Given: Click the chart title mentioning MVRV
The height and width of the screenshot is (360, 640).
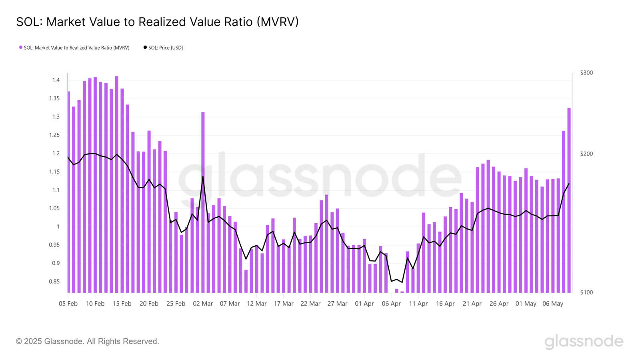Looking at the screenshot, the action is (x=157, y=22).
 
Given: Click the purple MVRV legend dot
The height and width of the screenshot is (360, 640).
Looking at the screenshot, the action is (x=20, y=48).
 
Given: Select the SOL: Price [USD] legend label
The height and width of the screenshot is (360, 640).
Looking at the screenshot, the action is (x=166, y=48).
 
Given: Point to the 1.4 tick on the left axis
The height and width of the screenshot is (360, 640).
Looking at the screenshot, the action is (x=56, y=80).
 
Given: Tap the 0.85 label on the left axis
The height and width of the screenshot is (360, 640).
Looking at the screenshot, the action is (x=54, y=282).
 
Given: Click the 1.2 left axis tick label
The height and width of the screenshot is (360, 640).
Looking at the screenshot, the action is (x=56, y=154).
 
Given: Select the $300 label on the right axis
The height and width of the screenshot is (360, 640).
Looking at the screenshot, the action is (x=586, y=73).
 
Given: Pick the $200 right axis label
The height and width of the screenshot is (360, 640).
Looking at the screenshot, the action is (x=586, y=154).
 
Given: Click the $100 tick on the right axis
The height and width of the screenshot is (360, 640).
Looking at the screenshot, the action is (x=586, y=292).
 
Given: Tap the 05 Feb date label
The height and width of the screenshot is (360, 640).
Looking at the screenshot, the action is (x=68, y=304).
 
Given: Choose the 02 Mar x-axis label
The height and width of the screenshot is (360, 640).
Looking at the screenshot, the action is (x=203, y=304).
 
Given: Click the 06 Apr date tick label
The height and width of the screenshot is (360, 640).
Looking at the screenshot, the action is (x=392, y=304).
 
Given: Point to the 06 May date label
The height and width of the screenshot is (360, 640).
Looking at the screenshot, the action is (x=553, y=304).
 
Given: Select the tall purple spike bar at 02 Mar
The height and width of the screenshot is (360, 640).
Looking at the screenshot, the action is (x=203, y=202).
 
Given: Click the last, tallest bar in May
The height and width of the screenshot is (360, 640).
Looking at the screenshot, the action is (x=569, y=200).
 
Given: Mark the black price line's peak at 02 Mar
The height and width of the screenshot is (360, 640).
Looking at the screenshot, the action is (x=203, y=176).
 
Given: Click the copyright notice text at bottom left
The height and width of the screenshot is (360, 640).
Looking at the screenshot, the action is (x=88, y=341).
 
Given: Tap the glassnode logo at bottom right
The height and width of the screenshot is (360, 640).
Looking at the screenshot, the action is (x=584, y=342).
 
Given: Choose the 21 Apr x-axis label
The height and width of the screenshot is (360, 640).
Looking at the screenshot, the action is (x=472, y=304).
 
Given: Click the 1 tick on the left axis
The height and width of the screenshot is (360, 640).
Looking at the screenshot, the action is (x=58, y=226).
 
